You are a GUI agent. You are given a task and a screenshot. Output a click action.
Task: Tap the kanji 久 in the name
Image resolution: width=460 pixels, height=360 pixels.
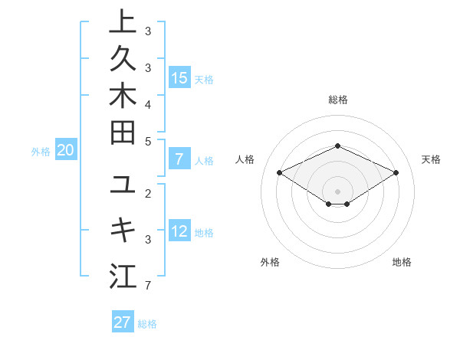click(123, 60)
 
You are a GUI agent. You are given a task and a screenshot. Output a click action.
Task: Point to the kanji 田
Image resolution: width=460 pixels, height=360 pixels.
click(123, 134)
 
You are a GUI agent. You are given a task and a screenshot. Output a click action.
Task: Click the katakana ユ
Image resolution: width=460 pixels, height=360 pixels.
click(123, 185)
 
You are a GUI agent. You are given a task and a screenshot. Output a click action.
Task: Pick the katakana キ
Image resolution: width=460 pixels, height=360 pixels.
click(123, 231)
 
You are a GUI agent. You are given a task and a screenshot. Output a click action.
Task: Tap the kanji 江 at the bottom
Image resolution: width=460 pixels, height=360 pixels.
click(123, 276)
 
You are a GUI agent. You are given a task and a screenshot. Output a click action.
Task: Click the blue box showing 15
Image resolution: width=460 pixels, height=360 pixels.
click(179, 77)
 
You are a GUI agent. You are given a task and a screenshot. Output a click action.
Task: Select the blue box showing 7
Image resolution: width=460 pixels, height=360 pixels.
click(179, 159)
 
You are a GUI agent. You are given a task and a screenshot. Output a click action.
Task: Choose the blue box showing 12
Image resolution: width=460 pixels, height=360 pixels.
click(179, 231)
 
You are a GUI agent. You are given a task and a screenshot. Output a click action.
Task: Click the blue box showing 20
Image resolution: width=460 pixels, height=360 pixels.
click(66, 151)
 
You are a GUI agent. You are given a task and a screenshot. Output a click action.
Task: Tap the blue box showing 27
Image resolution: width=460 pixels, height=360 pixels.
click(123, 322)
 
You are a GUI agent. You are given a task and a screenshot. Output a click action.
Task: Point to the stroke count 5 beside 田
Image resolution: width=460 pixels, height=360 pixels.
click(148, 141)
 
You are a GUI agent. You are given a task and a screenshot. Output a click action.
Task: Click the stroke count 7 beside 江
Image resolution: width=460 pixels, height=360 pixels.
click(148, 286)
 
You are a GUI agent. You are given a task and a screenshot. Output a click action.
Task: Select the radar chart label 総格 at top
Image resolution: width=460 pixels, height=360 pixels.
click(337, 100)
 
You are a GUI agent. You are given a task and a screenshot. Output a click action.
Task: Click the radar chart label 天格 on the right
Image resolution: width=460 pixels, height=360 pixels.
click(431, 159)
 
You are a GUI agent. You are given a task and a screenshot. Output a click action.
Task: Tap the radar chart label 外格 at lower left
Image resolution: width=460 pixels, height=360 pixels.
click(270, 262)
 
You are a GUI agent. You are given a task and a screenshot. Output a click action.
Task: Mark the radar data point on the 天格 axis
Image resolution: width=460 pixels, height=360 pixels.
click(396, 172)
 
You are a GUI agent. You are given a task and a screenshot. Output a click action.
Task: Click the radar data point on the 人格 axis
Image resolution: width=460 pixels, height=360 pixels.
click(280, 172)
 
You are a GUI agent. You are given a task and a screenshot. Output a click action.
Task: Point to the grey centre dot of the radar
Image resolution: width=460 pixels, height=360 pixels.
click(337, 191)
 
